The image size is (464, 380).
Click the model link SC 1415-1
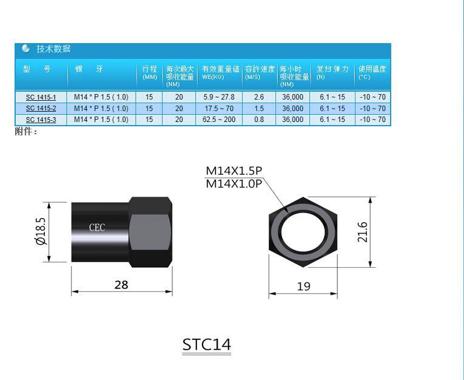point(41,97)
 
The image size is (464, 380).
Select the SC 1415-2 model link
point(41,109)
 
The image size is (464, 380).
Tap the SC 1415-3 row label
point(41,120)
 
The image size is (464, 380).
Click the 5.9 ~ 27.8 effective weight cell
point(219,97)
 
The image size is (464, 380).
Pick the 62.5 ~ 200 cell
point(219,120)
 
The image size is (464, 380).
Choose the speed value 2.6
point(259,97)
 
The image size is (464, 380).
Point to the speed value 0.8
point(259,120)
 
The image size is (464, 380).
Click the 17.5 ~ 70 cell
point(219,109)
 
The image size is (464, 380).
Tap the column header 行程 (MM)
point(149,72)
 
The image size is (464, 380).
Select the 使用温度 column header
point(372,72)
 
